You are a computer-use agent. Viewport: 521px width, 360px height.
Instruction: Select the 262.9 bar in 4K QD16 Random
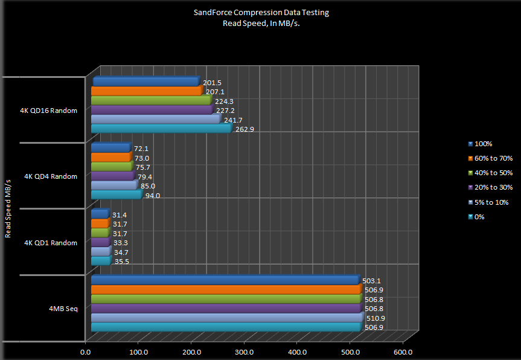[161, 128]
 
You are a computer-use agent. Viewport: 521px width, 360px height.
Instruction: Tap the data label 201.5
[213, 83]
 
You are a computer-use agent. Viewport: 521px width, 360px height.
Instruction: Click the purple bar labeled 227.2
[151, 110]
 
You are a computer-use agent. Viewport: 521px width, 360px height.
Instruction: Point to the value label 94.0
[153, 196]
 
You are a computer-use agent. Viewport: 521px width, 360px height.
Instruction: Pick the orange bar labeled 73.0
[111, 158]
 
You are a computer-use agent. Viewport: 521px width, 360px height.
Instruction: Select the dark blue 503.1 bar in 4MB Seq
[225, 280]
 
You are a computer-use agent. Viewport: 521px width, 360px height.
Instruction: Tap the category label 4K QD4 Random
[51, 176]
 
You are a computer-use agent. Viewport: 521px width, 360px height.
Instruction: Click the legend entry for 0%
[480, 216]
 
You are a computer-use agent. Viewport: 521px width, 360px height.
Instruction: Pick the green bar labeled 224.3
[150, 101]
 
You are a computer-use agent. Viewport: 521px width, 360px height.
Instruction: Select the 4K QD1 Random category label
[51, 243]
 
